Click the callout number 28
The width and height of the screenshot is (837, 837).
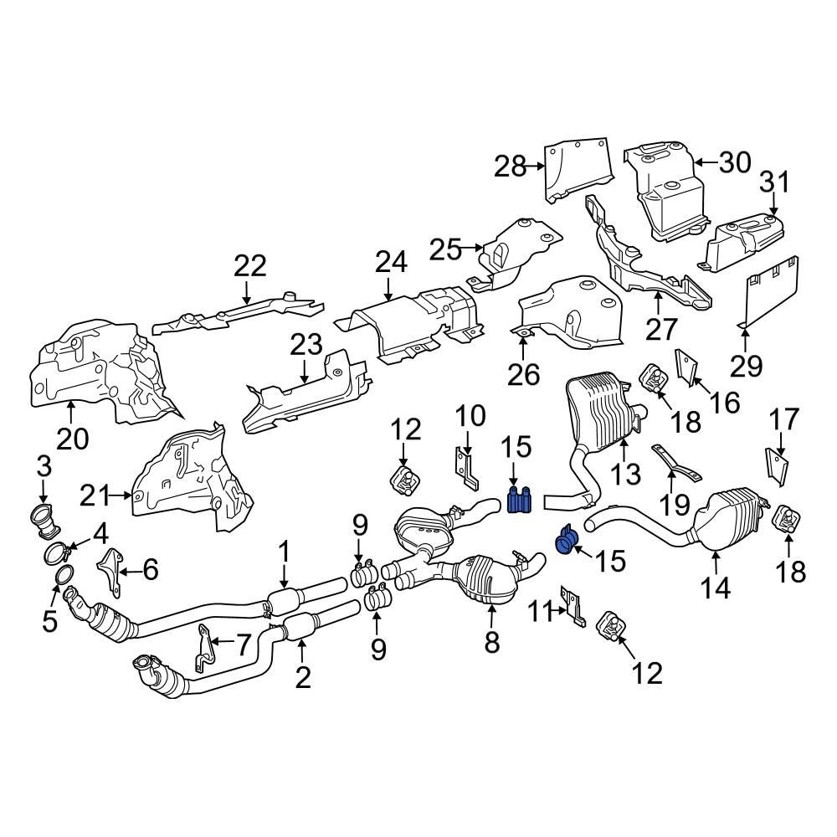point(511,167)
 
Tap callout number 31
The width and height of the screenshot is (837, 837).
point(774,182)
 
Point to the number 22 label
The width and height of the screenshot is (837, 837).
point(249,266)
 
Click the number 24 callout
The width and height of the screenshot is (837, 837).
point(390,262)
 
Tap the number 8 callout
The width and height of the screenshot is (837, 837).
point(491,642)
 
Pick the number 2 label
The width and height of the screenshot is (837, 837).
point(302,675)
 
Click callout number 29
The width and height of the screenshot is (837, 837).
point(747,364)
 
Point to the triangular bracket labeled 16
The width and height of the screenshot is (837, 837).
point(685,368)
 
